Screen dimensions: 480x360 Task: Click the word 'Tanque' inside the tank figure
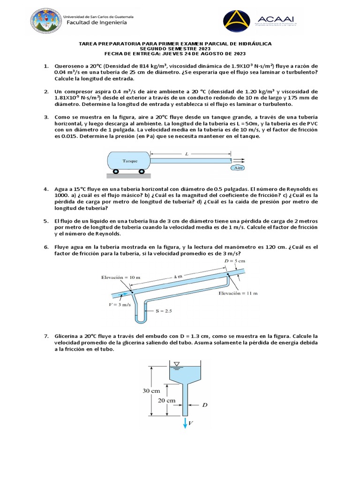coord(130,160)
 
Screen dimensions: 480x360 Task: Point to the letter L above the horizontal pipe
coord(187,153)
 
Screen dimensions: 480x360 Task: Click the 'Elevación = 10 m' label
coord(120,277)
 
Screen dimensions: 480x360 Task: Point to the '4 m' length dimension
coord(179,277)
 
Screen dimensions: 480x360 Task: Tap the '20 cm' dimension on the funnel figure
coord(167,400)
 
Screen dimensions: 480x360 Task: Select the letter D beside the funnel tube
coord(204,404)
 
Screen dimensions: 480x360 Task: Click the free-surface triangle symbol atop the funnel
coord(176,363)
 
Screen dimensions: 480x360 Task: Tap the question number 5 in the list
coord(46,220)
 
